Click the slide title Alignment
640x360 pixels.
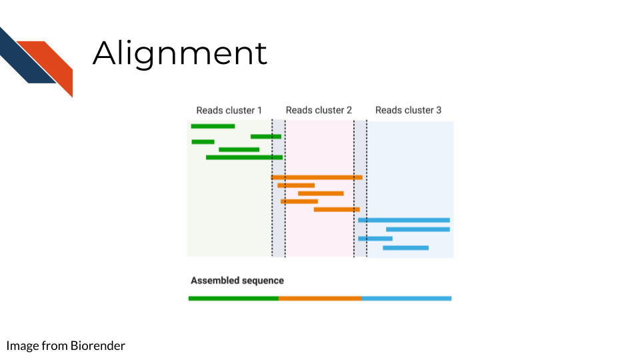[x=179, y=54]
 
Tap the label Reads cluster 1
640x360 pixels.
[x=229, y=110]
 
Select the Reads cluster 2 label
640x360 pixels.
[x=319, y=110]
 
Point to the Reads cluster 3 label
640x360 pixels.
[x=408, y=110]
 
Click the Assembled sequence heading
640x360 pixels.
[x=237, y=281]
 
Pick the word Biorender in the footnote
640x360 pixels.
[x=97, y=346]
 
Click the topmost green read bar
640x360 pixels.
[x=213, y=126]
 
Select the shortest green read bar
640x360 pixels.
[x=203, y=141]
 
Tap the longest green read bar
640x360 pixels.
[x=244, y=157]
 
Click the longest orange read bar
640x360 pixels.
[x=317, y=177]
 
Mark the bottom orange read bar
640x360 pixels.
[x=337, y=209]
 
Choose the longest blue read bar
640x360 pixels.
[x=404, y=220]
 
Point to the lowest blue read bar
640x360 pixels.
[x=406, y=248]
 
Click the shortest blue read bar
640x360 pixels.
[x=375, y=239]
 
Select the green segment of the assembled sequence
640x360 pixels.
[x=233, y=299]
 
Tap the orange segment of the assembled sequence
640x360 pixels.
[x=320, y=299]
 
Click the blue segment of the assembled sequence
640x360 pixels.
[x=407, y=299]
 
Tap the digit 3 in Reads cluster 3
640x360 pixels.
[x=439, y=110]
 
